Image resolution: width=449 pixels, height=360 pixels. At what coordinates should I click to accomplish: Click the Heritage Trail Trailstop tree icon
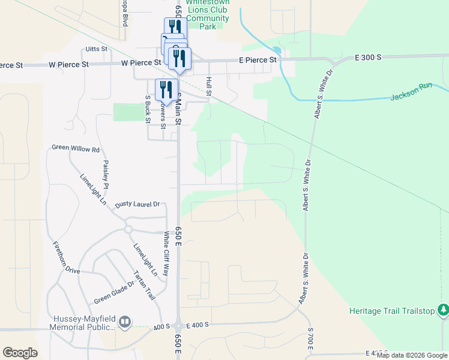[443, 310]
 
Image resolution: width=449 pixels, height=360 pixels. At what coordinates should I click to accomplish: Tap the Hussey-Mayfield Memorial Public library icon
[125, 322]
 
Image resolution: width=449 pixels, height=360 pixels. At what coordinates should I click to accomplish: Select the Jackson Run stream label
[411, 95]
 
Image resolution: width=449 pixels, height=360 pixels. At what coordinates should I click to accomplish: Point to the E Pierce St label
[258, 60]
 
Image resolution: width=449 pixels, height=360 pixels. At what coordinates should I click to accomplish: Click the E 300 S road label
[359, 57]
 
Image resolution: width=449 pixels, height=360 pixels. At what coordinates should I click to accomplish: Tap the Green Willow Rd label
[76, 148]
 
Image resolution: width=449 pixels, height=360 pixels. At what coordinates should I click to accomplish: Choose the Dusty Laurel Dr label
[137, 205]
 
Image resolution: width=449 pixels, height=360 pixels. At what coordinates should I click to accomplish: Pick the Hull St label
[209, 86]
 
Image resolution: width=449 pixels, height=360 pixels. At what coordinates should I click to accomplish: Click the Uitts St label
[96, 49]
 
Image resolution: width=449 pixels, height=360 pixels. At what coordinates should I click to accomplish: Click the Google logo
[20, 353]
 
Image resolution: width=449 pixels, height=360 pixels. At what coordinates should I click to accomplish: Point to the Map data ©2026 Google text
[412, 355]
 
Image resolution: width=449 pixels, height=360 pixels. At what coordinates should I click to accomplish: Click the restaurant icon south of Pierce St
[166, 90]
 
